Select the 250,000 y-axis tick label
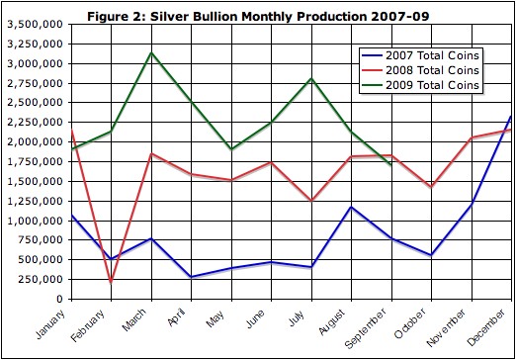pos(43,279)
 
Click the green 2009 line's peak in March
pos(150,52)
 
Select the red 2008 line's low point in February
pos(111,283)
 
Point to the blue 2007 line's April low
pos(191,277)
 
